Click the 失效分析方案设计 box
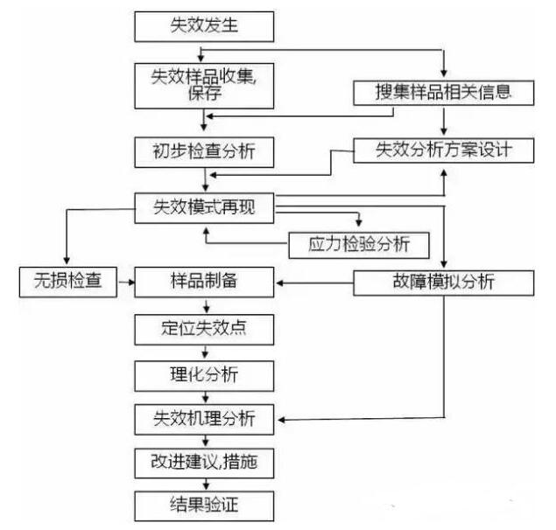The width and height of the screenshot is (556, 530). (443, 150)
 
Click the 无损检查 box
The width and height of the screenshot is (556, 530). (67, 282)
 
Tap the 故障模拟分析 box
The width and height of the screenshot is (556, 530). (443, 282)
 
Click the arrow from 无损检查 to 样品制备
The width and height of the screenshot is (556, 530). (124, 282)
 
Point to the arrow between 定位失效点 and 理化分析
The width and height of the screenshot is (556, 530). (205, 352)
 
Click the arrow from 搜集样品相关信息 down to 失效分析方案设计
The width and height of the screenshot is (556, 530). (444, 121)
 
